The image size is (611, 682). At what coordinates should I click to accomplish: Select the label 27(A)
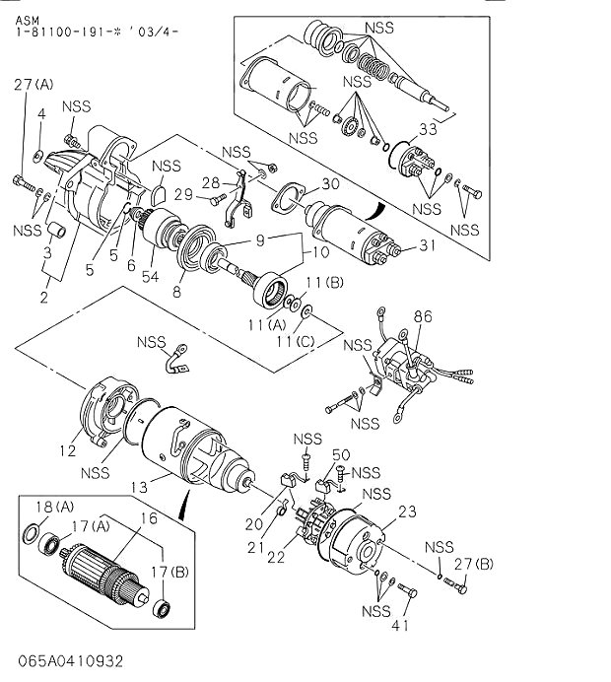click(34, 86)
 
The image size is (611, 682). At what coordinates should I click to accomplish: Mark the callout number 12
click(66, 451)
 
